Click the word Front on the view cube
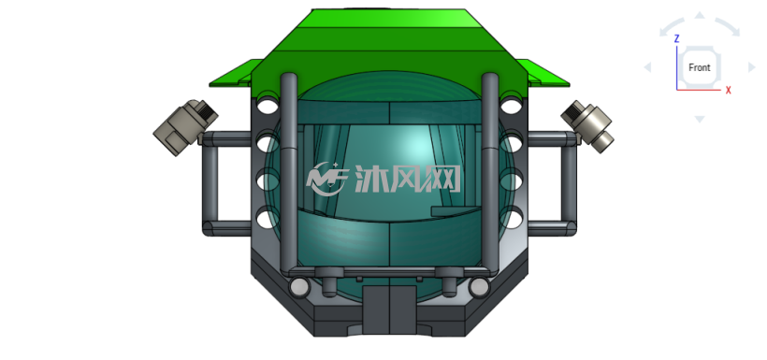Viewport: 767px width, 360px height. point(699,67)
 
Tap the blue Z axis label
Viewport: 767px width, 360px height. point(676,38)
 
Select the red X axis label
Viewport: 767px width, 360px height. point(729,90)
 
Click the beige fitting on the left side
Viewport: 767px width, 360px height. point(185,127)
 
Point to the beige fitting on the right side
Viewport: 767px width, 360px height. point(587,126)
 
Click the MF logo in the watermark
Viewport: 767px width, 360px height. point(327,178)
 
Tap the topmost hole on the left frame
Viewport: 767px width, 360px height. point(268,106)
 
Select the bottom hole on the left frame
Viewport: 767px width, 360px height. point(267,219)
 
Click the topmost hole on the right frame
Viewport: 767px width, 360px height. point(510,105)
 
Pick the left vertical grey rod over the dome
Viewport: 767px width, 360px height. point(289,172)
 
